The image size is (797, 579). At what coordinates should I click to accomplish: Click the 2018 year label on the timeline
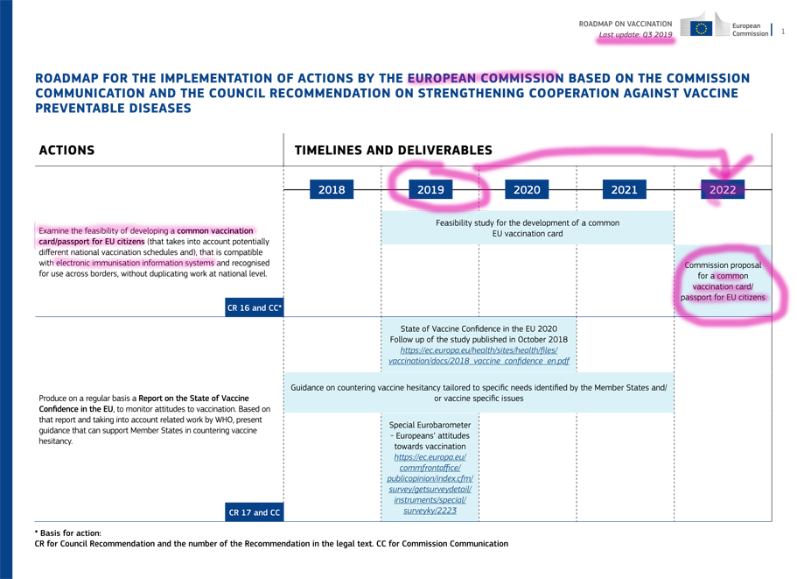click(x=332, y=190)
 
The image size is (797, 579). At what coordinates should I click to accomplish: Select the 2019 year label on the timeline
click(x=431, y=190)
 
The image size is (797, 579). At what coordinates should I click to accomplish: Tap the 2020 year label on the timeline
click(x=527, y=190)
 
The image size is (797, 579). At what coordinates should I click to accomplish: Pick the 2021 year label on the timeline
click(x=624, y=190)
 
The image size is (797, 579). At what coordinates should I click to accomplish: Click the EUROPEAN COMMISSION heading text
click(x=484, y=78)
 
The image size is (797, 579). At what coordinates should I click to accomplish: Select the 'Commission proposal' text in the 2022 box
click(x=723, y=265)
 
